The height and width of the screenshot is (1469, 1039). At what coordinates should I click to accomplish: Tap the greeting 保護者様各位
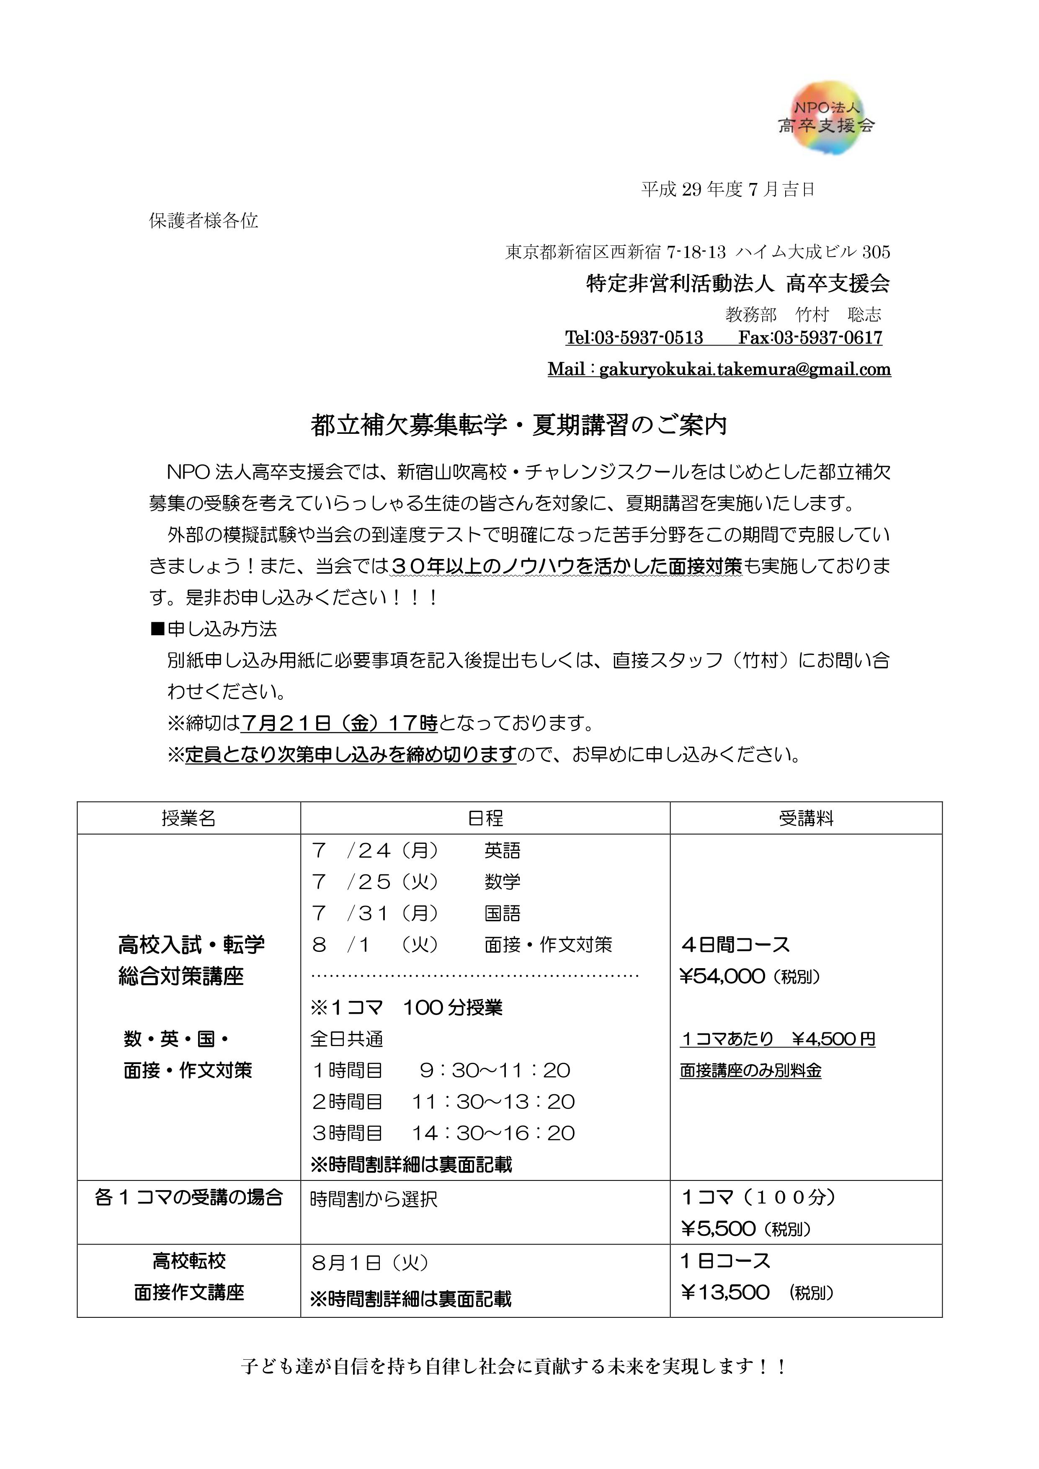pos(204,221)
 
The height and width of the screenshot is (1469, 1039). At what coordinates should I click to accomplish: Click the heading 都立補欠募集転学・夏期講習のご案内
pos(519,425)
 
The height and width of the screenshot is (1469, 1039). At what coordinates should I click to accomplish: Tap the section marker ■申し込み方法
pos(214,629)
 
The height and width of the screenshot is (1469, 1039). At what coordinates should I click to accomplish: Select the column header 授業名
pos(189,818)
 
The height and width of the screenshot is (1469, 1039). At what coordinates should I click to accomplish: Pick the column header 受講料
pos(806,818)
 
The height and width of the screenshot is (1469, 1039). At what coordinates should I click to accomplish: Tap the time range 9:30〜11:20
pos(495,1070)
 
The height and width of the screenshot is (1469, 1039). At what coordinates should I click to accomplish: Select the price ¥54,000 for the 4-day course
pos(722,977)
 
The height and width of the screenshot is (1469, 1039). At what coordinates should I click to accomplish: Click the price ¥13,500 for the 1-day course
pos(725,1292)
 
